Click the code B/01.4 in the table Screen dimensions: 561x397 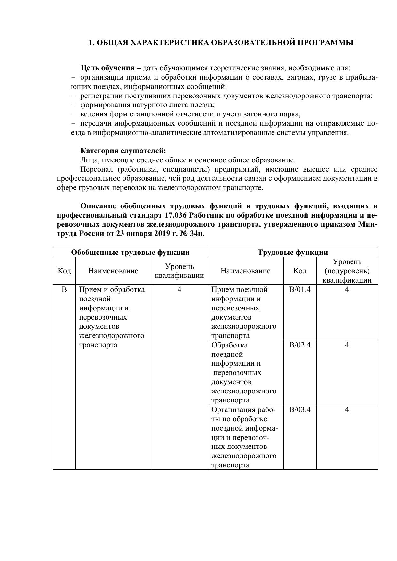pos(300,290)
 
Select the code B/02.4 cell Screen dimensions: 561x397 pos(300,345)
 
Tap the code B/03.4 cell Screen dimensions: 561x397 pos(300,410)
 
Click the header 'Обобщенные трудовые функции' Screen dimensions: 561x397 pos(130,253)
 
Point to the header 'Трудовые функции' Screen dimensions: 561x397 pos(293,253)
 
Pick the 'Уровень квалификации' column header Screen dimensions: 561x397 pos(179,271)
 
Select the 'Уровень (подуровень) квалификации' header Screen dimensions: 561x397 pos(347,271)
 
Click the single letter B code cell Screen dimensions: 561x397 pos(64,290)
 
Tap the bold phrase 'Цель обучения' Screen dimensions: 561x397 pos(107,68)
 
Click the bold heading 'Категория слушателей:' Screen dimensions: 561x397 pos(123,151)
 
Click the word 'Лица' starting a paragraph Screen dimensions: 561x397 pos(89,160)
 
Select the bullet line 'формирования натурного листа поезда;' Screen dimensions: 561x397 pos(147,105)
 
